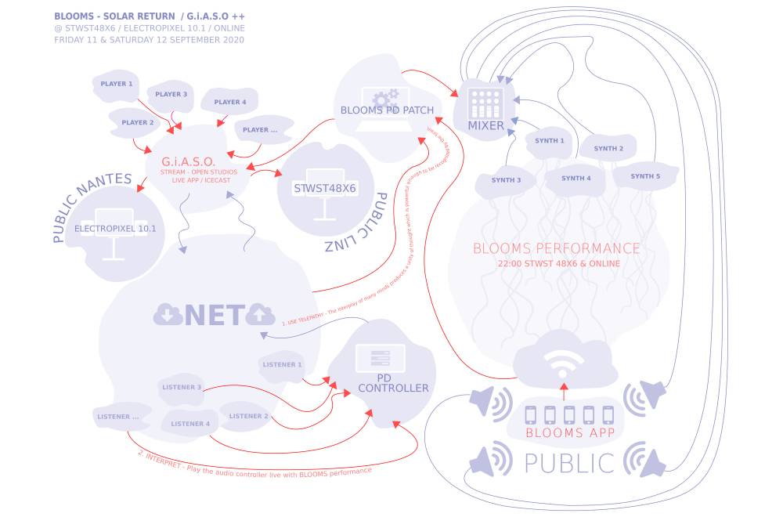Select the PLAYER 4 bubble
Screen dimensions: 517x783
pos(230,102)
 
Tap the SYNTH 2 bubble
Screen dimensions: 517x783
pos(608,148)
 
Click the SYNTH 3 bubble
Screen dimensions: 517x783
pos(507,180)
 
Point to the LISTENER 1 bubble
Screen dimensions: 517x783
pos(283,364)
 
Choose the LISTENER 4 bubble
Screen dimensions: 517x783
pos(191,424)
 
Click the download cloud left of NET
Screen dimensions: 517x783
pos(168,315)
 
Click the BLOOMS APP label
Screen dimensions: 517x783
pos(565,432)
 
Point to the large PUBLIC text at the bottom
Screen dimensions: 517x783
pos(569,463)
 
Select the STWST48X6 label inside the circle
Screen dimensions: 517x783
pos(324,189)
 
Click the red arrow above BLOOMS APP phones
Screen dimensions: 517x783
pos(563,392)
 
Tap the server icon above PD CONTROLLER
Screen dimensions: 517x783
pos(381,359)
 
